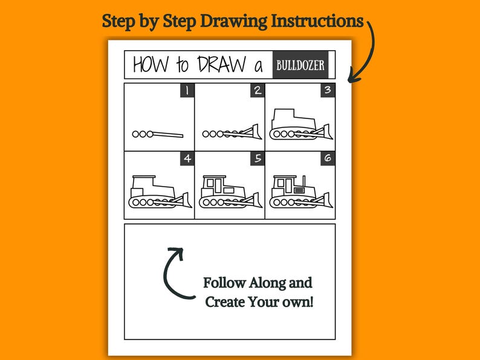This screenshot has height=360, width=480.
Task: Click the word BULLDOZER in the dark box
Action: (300, 65)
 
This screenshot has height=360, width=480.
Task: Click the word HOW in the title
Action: (151, 65)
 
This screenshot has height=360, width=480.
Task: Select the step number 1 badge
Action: (187, 90)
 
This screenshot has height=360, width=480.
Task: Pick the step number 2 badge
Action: (258, 90)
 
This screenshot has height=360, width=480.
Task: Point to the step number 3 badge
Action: (328, 90)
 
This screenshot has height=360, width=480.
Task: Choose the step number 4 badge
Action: (187, 158)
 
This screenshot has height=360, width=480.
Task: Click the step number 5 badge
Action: (258, 158)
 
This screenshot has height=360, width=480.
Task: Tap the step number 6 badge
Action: (328, 158)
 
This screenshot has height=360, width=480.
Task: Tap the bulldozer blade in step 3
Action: (326, 131)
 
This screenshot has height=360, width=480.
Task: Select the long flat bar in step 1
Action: (169, 134)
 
